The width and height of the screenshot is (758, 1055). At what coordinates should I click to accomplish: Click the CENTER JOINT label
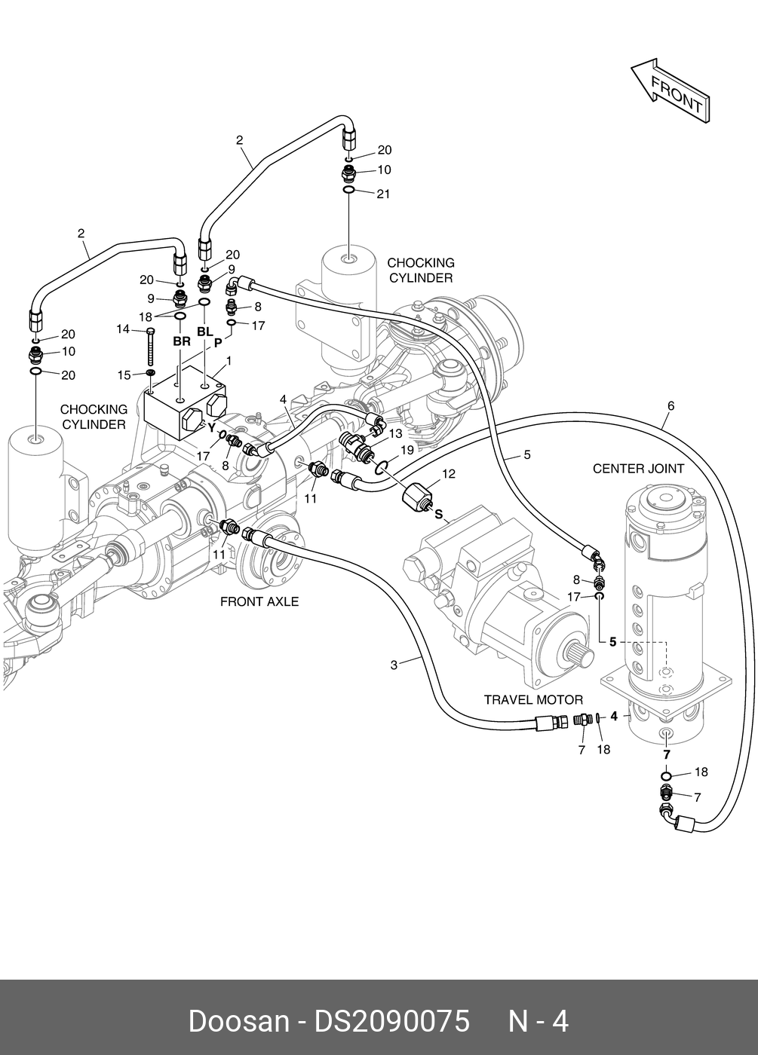coord(638,469)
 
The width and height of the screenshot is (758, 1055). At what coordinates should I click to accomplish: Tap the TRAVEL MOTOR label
coord(533,700)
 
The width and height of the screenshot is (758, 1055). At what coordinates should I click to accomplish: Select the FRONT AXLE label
coord(259,601)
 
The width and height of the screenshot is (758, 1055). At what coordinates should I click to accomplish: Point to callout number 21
coord(383,194)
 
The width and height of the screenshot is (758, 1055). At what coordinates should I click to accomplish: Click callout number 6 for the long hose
coord(671,406)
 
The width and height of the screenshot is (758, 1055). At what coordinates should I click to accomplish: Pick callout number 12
coord(449,474)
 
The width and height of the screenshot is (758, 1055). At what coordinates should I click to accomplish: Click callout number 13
coord(396,434)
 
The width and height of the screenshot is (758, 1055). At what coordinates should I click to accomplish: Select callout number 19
coord(407,450)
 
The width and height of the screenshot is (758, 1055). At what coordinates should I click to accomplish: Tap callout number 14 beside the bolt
coord(123,329)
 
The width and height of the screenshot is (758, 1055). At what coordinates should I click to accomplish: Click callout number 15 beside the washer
coord(124,375)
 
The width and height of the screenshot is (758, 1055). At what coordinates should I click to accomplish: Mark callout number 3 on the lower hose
coord(394,665)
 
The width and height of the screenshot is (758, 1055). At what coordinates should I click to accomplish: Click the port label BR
coord(182,341)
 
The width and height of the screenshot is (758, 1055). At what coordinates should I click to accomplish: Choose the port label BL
coord(205,332)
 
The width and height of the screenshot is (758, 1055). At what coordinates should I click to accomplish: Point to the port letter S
coord(438,515)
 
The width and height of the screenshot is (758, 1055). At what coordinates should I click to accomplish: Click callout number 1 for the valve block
coord(229,361)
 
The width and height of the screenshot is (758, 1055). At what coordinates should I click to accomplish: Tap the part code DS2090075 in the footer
coord(391,1022)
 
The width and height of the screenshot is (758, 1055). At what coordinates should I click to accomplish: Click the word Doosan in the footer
coord(238,1022)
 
